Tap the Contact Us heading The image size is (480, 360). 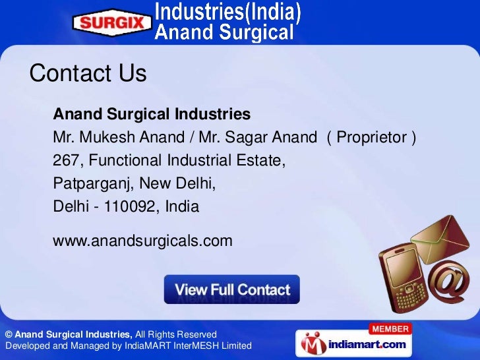pyautogui.click(x=88, y=73)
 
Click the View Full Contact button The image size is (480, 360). pyautogui.click(x=231, y=289)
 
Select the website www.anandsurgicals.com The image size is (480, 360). pyautogui.click(x=142, y=241)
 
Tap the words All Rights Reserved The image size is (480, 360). pyautogui.click(x=175, y=334)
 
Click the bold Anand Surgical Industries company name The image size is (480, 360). pyautogui.click(x=152, y=115)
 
